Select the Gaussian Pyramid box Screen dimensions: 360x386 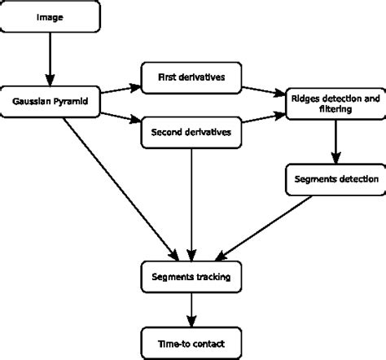click(51, 104)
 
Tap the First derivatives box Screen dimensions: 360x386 click(191, 77)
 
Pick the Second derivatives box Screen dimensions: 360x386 click(191, 131)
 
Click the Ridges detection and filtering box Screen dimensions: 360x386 click(334, 103)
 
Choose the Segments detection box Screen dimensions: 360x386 click(334, 179)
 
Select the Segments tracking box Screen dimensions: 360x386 click(191, 277)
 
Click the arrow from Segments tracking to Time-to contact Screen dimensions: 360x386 click(191, 305)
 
